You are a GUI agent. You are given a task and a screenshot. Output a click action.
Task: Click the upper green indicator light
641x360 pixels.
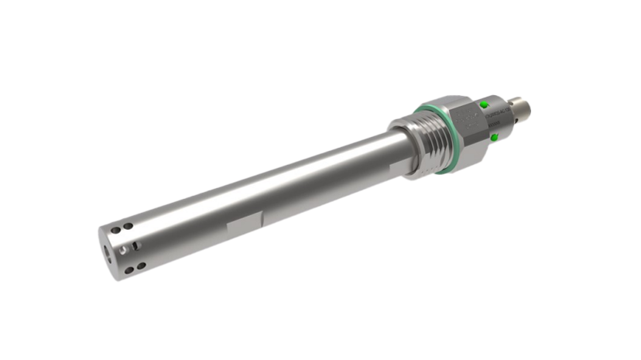point(485,104)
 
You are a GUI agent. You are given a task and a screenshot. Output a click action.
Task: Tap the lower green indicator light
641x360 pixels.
point(495,137)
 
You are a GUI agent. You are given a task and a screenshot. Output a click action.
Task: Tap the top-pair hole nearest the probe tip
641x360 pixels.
point(116,230)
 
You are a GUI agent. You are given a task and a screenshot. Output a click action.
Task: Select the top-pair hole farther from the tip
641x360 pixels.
point(127,226)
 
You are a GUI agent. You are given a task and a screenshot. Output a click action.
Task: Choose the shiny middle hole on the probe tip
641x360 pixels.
point(125,249)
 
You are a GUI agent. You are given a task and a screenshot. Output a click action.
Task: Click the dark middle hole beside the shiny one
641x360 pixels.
point(135,245)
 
